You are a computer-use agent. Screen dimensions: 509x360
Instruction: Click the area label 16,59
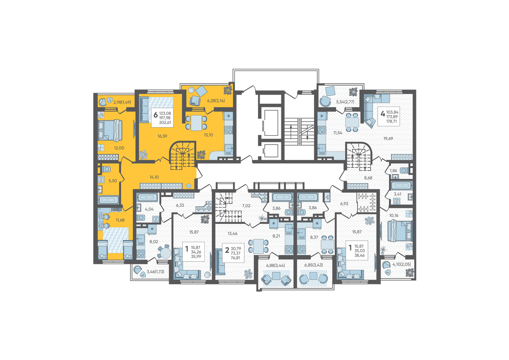(x=162, y=136)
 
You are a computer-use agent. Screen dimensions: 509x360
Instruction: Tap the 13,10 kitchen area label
(x=208, y=135)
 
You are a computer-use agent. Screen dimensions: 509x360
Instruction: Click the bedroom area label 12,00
(x=119, y=148)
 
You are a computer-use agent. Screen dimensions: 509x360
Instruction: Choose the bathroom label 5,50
(x=113, y=181)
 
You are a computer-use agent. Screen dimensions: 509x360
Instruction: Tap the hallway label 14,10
(x=154, y=177)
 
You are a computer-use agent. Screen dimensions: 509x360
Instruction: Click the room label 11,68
(x=120, y=220)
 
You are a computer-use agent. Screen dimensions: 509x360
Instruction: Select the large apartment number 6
(x=155, y=115)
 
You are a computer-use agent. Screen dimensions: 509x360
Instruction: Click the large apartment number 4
(x=383, y=113)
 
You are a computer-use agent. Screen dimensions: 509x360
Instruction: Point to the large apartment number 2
(x=227, y=250)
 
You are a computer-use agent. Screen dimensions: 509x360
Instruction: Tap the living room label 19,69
(x=388, y=138)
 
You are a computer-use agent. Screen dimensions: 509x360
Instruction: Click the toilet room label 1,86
(x=394, y=171)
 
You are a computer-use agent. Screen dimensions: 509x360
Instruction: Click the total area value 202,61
(x=165, y=123)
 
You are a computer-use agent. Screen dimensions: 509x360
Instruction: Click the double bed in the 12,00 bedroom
(x=110, y=130)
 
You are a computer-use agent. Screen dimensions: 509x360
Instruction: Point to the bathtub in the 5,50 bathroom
(x=108, y=200)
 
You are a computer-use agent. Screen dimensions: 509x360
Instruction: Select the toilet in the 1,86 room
(x=404, y=170)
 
